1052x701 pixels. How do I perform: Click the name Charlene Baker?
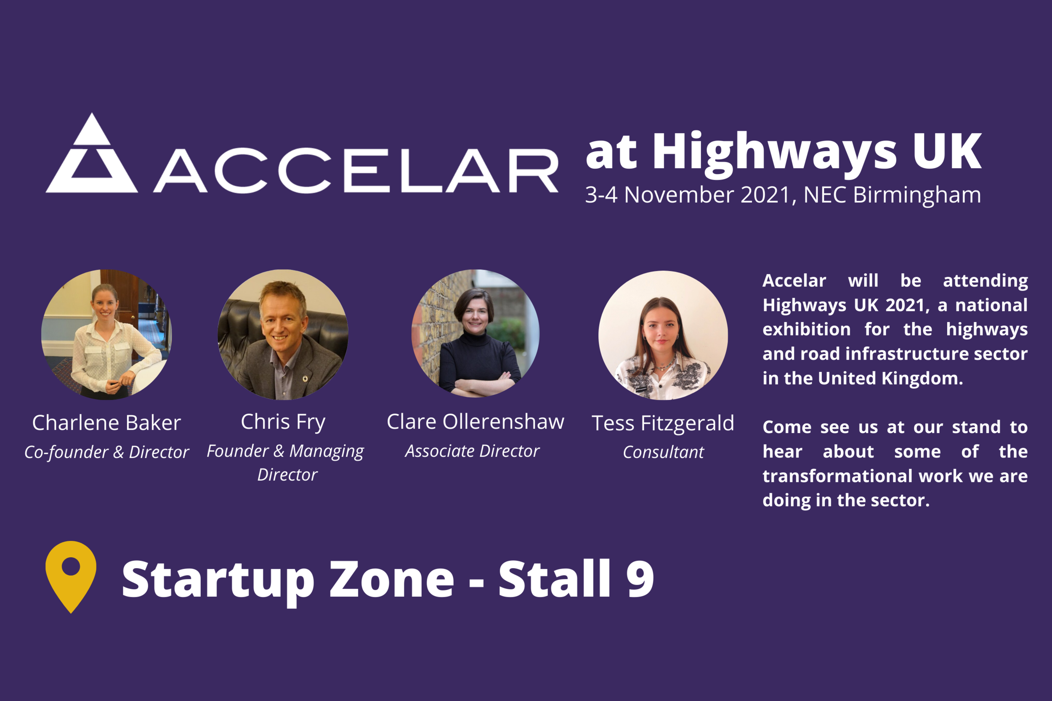[106, 423]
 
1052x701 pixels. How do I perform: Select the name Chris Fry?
[283, 422]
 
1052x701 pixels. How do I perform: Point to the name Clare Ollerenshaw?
[475, 422]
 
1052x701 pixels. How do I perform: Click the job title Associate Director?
[472, 451]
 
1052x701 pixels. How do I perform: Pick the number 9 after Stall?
[640, 579]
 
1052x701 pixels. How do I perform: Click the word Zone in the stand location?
[392, 579]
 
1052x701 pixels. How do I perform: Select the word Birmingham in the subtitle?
[917, 196]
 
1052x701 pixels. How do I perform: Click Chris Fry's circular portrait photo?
[283, 334]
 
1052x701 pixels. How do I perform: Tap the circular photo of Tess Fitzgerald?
[663, 335]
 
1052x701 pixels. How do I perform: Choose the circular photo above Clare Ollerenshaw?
[475, 333]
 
